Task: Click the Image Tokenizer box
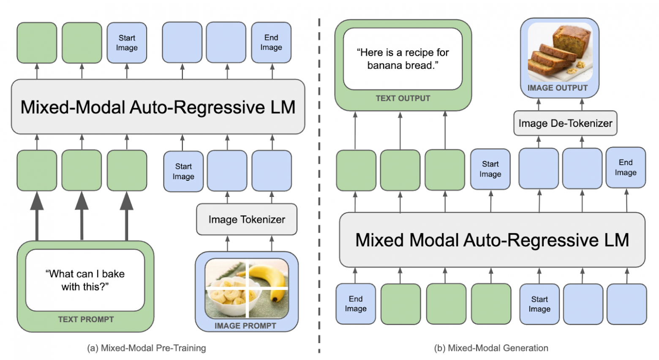click(x=247, y=220)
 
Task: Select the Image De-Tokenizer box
click(x=565, y=123)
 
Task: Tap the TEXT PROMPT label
click(x=86, y=319)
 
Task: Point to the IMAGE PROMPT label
click(x=245, y=326)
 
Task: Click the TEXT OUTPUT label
click(x=403, y=98)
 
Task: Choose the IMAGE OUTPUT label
click(x=557, y=88)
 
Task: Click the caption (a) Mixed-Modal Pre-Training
click(x=147, y=348)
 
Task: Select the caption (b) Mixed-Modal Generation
click(x=491, y=348)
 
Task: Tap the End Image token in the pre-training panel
click(x=271, y=43)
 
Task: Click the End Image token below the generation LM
click(x=356, y=304)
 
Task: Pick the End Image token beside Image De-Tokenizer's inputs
click(x=625, y=168)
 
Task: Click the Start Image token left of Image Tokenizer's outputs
click(x=183, y=172)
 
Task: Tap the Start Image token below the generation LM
click(x=539, y=304)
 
